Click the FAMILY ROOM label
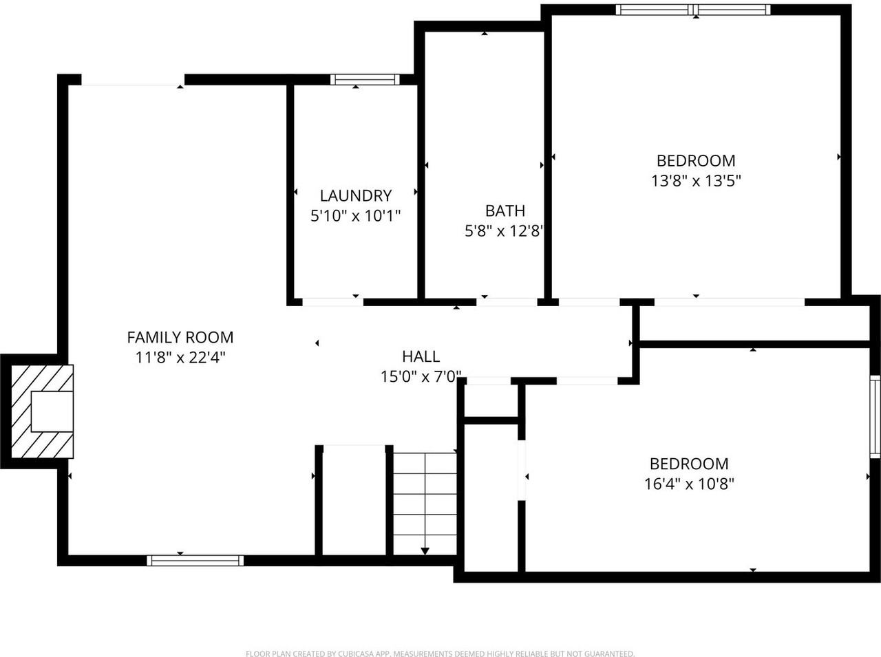[x=180, y=337]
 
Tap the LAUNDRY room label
[x=355, y=195]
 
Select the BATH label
[x=505, y=211]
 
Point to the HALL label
[x=421, y=356]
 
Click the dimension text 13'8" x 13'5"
[x=695, y=181]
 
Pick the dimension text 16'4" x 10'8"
[x=689, y=484]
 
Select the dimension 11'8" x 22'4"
[x=180, y=358]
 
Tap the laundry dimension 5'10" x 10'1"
[x=355, y=216]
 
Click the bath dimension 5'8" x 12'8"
[x=505, y=231]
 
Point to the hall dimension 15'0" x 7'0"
[x=421, y=377]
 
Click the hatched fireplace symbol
[x=42, y=411]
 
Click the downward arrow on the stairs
[x=425, y=550]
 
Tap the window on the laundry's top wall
[x=365, y=79]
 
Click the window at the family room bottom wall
[x=196, y=560]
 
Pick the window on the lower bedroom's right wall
[x=875, y=417]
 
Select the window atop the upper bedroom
[x=692, y=10]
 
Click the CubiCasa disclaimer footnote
[x=440, y=654]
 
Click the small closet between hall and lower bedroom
[x=491, y=400]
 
